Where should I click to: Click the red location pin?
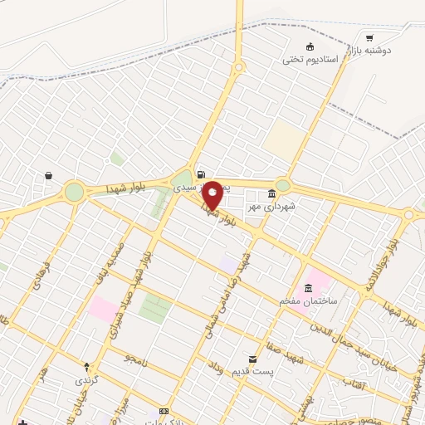pyautogui.click(x=212, y=194)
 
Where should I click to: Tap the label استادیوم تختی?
pyautogui.click(x=310, y=59)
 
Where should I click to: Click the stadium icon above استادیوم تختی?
pyautogui.click(x=310, y=46)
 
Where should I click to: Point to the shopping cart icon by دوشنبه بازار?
pyautogui.click(x=369, y=37)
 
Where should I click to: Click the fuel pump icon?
pyautogui.click(x=200, y=174)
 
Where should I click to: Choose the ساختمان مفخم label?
pyautogui.click(x=309, y=300)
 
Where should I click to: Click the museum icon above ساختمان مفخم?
pyautogui.click(x=308, y=288)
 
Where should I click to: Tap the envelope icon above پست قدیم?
pyautogui.click(x=252, y=359)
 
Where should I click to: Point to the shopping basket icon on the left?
pyautogui.click(x=49, y=175)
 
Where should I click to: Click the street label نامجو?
pyautogui.click(x=135, y=357)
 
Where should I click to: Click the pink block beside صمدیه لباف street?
pyautogui.click(x=104, y=309)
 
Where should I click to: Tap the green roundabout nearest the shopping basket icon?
pyautogui.click(x=75, y=192)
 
